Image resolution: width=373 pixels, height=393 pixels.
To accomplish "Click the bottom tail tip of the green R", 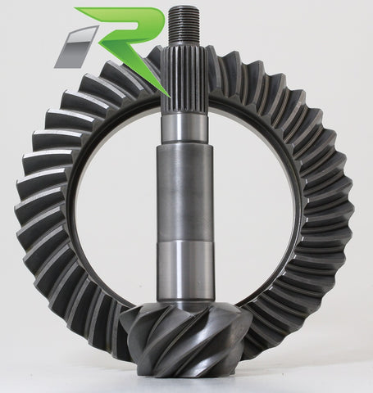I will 163,90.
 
